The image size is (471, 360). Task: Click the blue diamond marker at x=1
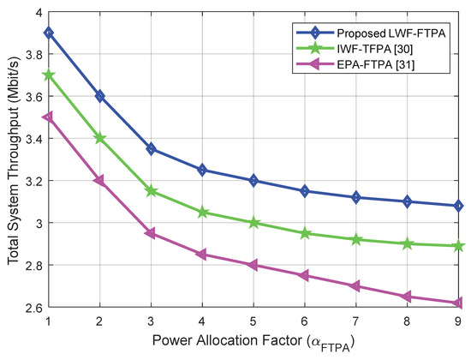click(x=48, y=33)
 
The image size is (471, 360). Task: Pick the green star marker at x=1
click(x=48, y=75)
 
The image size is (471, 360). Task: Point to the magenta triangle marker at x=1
click(x=48, y=117)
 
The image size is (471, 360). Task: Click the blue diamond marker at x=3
click(x=152, y=148)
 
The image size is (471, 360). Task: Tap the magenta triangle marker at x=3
click(x=152, y=232)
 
